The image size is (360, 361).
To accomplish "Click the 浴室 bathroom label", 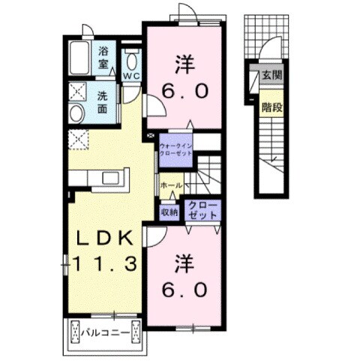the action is (103, 58).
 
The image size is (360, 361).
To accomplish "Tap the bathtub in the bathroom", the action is (79, 58).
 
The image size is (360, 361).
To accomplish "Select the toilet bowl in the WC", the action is (131, 62).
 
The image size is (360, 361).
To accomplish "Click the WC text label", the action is (131, 76).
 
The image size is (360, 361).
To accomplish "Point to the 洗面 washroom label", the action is (103, 103).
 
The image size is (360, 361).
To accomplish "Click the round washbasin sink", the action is (76, 113).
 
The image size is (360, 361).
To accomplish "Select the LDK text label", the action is (105, 239).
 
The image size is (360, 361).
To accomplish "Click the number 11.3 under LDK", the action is (105, 264).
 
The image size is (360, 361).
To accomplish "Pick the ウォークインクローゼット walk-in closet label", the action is (176, 149).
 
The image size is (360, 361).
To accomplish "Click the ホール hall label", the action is (171, 185).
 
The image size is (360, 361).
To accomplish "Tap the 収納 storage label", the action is (169, 212).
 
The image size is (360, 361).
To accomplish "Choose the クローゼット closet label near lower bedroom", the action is (202, 210).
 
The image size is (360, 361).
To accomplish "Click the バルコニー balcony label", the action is (106, 332).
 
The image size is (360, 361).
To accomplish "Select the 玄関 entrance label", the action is (272, 75).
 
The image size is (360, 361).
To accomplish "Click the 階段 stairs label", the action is (272, 107).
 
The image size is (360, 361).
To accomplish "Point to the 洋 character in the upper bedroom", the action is (185, 65).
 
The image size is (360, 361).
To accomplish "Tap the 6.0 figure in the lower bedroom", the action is (184, 290).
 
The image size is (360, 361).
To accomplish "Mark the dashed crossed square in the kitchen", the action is (79, 140).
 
